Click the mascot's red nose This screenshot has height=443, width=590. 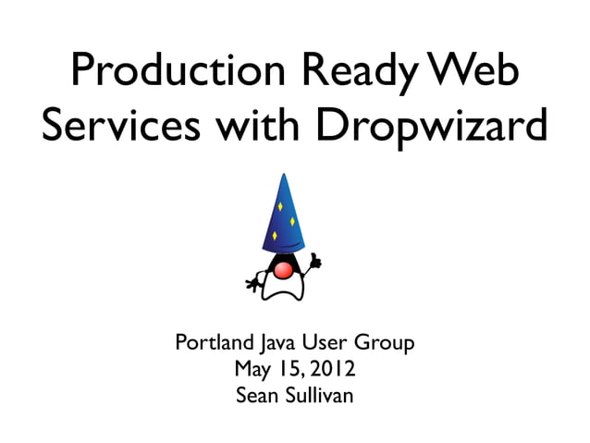286,269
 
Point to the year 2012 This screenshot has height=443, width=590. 331,370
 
